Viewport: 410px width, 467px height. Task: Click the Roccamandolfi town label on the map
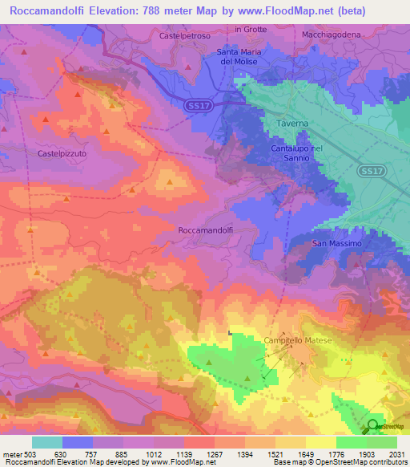tap(204, 229)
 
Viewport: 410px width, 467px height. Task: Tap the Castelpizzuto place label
tap(62, 152)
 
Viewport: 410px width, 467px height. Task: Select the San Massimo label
tap(337, 243)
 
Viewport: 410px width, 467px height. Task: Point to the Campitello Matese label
tap(298, 341)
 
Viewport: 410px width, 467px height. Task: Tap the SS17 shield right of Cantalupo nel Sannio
tap(369, 171)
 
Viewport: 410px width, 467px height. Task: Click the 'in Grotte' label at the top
tap(250, 30)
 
